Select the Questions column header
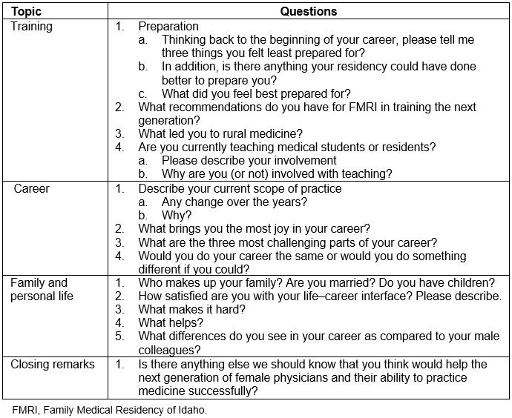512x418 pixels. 309,12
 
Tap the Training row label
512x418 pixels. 31,26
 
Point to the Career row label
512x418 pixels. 33,188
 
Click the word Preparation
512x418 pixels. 168,26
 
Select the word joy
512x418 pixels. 278,229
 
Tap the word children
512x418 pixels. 468,283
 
